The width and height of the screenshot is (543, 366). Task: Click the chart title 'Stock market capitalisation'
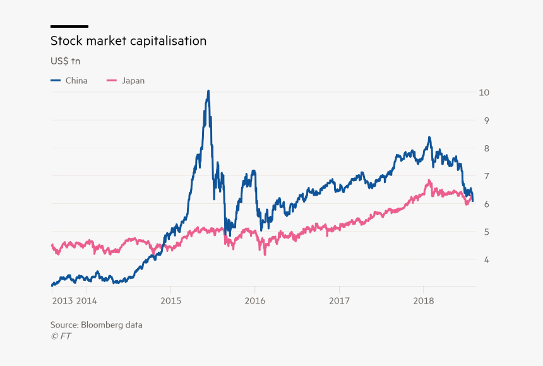pos(128,41)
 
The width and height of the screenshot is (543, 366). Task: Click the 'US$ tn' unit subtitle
pos(65,61)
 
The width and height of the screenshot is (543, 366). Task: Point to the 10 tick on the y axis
pos(484,92)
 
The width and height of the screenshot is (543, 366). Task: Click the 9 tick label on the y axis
pos(484,120)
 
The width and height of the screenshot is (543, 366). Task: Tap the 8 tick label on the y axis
pos(484,148)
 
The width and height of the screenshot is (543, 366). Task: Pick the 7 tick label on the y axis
pos(484,176)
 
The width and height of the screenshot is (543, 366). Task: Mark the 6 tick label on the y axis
pos(484,204)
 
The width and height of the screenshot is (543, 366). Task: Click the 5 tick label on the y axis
pos(484,232)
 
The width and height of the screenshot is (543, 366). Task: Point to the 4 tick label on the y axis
pos(484,259)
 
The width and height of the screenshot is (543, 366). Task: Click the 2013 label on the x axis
pos(62,300)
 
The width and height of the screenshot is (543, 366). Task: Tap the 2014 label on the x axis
pos(87,300)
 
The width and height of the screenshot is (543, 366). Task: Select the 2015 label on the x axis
pos(170,300)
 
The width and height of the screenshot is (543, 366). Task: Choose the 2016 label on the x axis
pos(254,300)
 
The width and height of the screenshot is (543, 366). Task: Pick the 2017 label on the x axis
pos(339,300)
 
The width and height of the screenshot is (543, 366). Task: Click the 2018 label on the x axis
pos(423,300)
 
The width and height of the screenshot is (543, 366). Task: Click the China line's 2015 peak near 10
pos(208,91)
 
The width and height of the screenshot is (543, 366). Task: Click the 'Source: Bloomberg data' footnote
pos(97,325)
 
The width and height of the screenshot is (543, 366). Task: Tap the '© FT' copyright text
pos(61,336)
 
